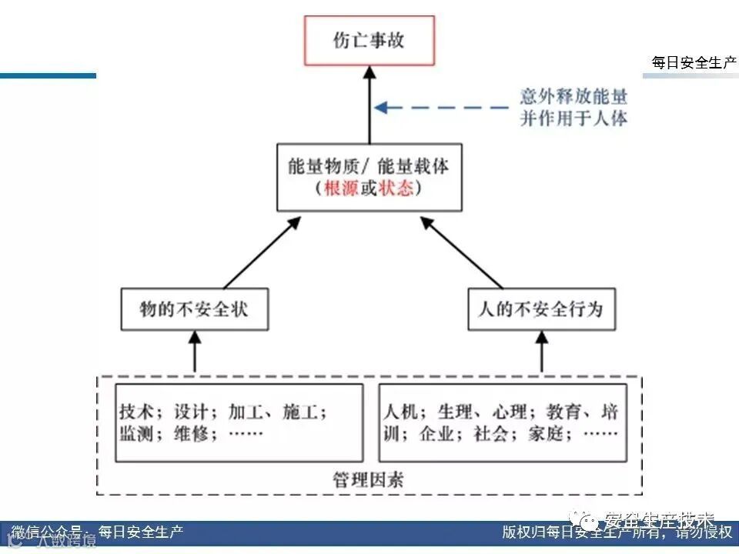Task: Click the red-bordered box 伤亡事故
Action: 369,40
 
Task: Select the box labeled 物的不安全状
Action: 194,309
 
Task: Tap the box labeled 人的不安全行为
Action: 541,309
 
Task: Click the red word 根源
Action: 342,189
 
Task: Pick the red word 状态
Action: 396,189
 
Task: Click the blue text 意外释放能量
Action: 573,97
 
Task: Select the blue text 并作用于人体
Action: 573,118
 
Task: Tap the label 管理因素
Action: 369,480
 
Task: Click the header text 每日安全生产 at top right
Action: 693,63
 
